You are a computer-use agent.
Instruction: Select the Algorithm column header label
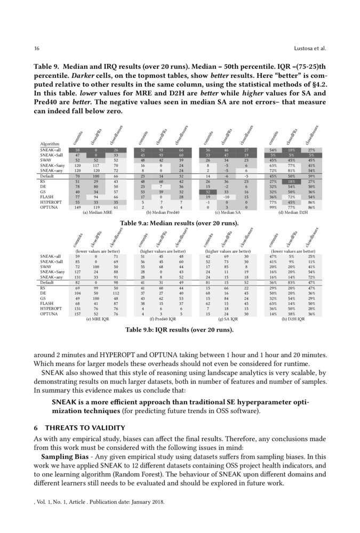tap(50, 144)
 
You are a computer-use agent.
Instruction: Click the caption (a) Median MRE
tap(97, 213)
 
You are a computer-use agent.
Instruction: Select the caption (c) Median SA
tap(227, 213)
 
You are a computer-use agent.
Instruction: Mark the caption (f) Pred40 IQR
tap(162, 319)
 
